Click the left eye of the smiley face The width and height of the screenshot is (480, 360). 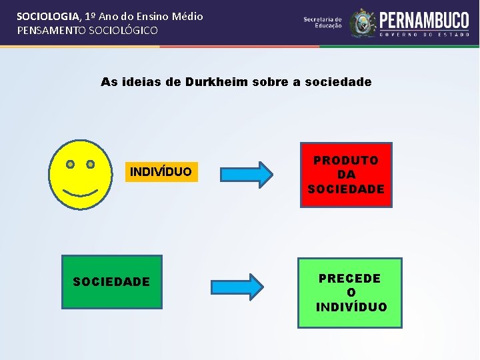70,164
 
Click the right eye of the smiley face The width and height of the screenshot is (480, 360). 90,164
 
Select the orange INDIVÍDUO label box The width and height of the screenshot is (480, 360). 160,172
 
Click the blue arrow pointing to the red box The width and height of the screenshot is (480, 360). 247,174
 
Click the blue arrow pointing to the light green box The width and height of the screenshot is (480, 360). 238,286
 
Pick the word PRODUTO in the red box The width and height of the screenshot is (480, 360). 346,161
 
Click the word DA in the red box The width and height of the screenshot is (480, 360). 346,175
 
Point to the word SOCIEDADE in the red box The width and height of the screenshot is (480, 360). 346,189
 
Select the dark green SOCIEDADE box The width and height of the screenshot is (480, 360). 111,282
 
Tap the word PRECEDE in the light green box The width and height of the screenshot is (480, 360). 350,279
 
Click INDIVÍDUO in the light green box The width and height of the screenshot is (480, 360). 351,307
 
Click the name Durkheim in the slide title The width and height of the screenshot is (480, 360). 217,83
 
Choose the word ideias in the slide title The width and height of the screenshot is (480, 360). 143,83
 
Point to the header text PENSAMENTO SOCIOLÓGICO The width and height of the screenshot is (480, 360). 87,31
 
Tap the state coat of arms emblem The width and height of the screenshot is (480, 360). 363,23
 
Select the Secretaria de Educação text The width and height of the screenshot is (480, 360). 323,23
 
